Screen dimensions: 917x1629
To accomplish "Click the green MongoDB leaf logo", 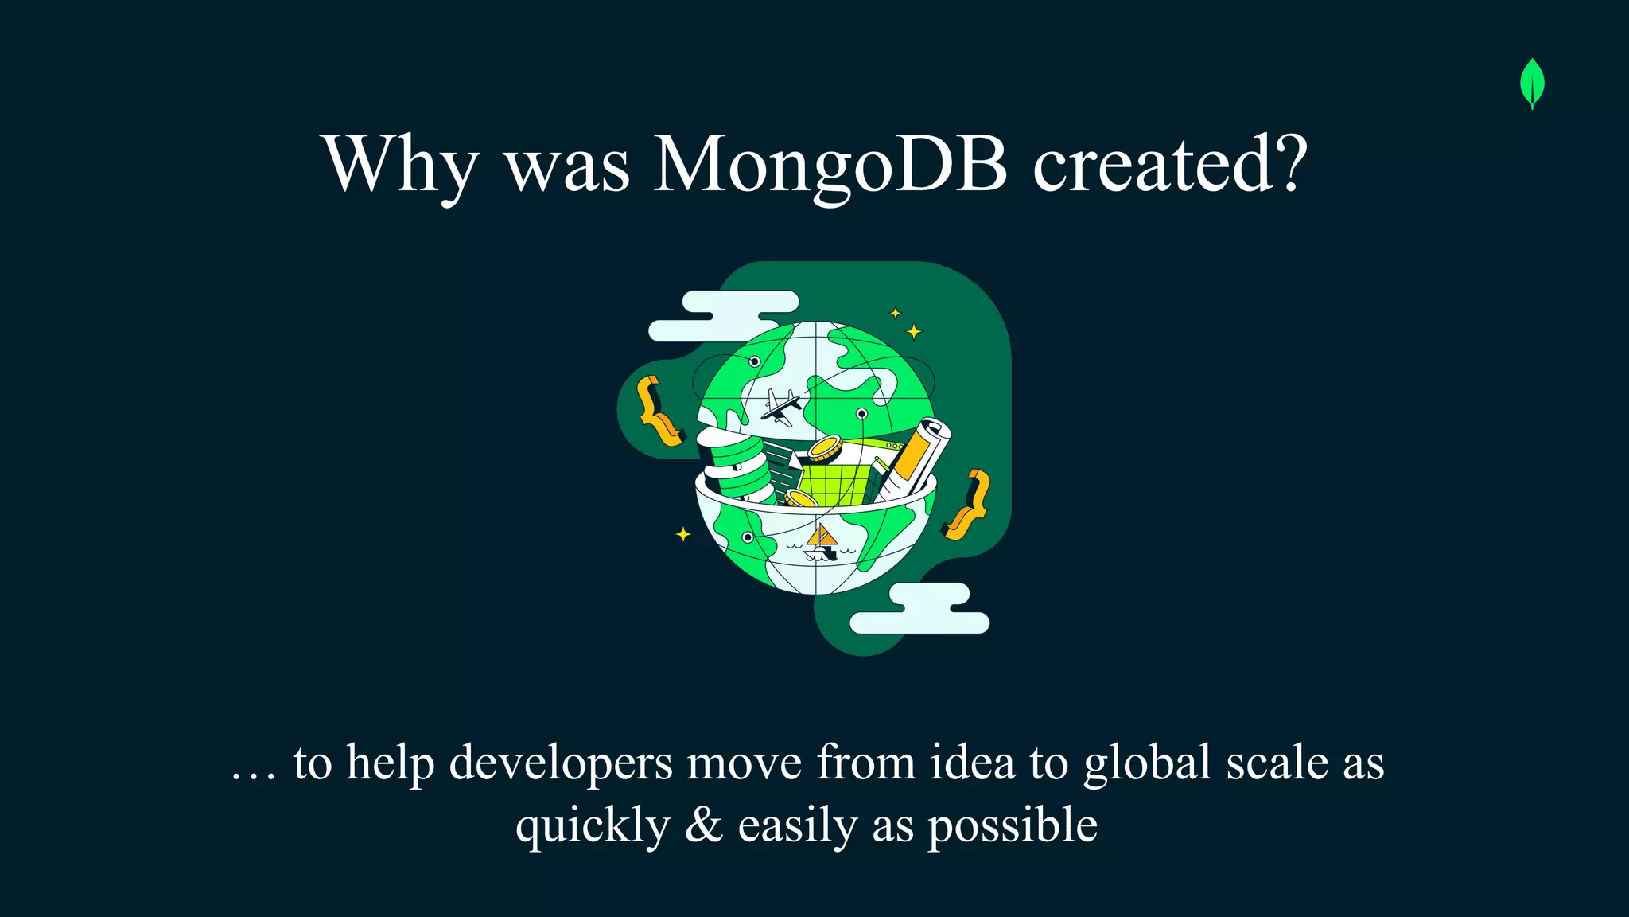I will point(1532,83).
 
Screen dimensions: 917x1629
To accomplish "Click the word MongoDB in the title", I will point(830,164).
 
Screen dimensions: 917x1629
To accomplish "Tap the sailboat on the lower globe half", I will point(821,542).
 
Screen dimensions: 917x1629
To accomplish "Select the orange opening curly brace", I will point(657,411).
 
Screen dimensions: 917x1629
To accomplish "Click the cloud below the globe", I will point(921,610).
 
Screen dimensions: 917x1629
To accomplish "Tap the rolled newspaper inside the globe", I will point(919,459).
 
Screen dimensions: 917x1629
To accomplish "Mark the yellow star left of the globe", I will point(683,534).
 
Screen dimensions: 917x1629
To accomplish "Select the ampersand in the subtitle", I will point(703,825).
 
